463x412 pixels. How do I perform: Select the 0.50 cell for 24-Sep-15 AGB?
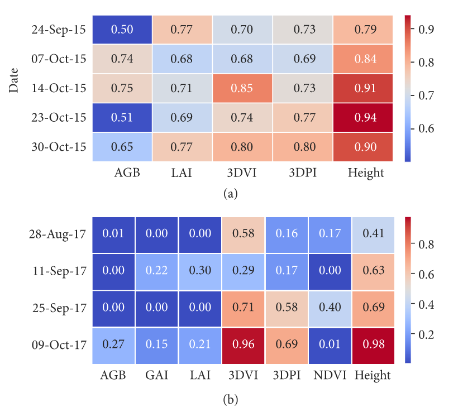pos(122,30)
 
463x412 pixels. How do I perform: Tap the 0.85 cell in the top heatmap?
pos(242,88)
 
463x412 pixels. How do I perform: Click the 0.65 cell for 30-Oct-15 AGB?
pos(122,147)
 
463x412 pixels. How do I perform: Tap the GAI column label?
pos(156,375)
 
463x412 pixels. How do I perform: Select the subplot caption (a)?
pos(231,193)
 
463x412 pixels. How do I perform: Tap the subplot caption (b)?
pos(231,400)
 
